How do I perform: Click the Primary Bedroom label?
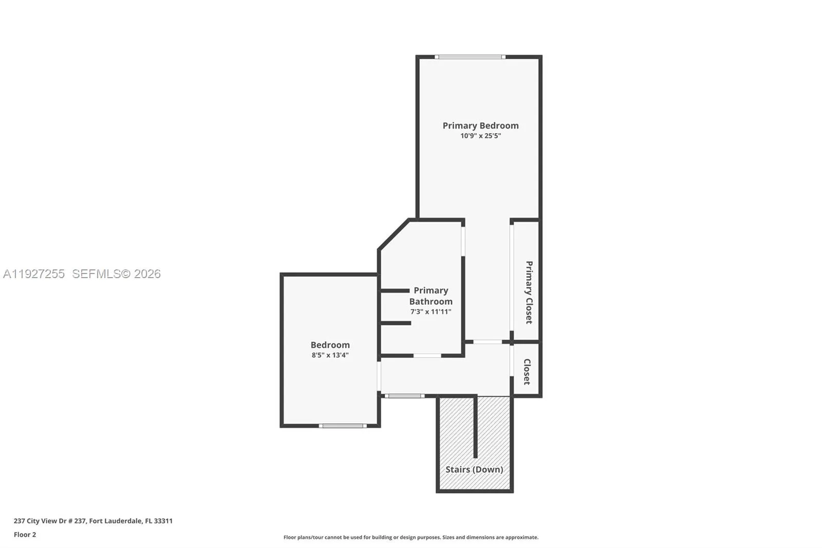tap(480, 125)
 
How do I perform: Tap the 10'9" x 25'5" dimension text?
tap(480, 136)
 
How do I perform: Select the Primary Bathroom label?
tap(431, 296)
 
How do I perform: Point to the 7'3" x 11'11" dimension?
tap(431, 312)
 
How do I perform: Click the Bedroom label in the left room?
tap(330, 345)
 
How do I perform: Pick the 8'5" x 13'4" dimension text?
tap(330, 355)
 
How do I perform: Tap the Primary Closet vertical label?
tap(529, 292)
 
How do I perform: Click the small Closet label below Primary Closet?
tap(527, 372)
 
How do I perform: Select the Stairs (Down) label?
tap(474, 469)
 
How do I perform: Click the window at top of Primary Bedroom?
tap(470, 57)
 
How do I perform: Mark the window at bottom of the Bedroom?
tap(342, 426)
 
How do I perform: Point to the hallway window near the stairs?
tap(404, 396)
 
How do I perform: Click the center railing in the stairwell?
tap(475, 427)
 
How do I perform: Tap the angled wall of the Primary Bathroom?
tap(394, 234)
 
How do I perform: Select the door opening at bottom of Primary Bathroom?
tap(427, 355)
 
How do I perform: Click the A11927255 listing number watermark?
tap(34, 274)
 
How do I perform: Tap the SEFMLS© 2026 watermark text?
tap(116, 274)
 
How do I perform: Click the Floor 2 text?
tap(25, 535)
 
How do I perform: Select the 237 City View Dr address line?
tap(93, 521)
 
